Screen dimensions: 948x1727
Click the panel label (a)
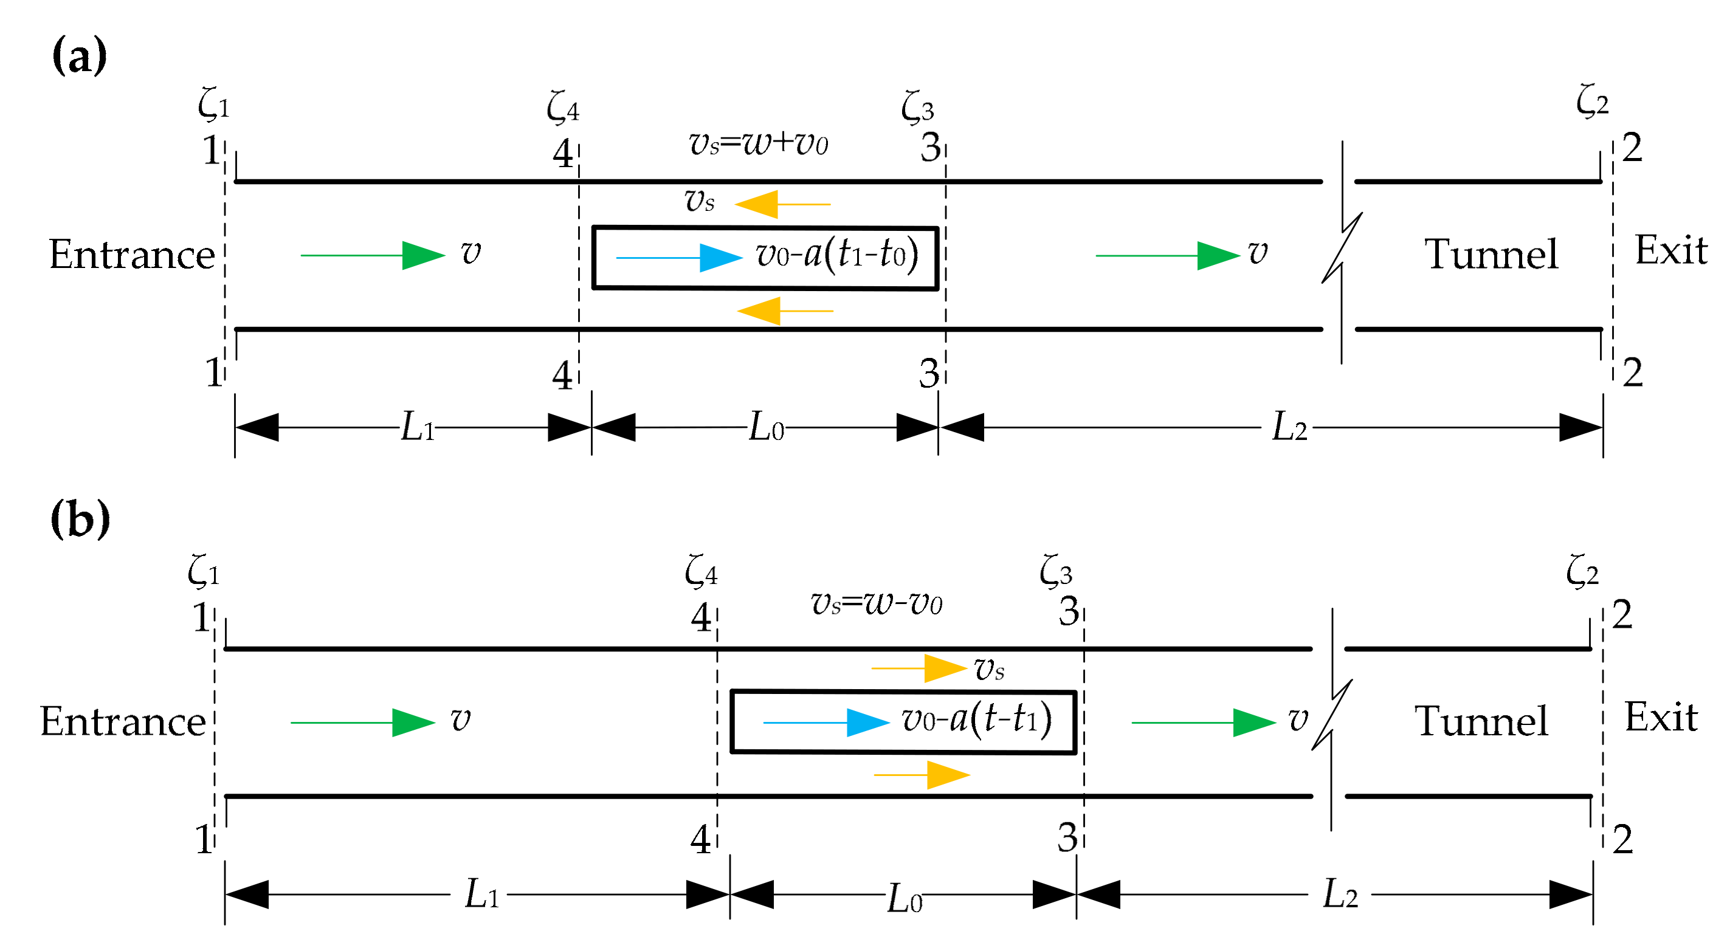coord(79,56)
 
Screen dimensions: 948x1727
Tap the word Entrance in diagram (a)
coord(132,255)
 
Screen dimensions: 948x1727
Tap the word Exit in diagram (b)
coord(1660,717)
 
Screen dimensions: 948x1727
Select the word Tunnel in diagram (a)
coord(1491,255)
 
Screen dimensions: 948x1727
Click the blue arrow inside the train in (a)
coord(678,258)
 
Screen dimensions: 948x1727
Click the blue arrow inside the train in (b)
coord(826,723)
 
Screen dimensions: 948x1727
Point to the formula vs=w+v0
coord(758,143)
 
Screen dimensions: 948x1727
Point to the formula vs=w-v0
coord(876,603)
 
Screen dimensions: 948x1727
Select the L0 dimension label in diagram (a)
coord(765,427)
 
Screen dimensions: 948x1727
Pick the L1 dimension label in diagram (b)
coord(481,895)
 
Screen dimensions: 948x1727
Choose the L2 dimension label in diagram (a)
coord(1289,427)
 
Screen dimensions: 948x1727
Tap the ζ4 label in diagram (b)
coord(701,572)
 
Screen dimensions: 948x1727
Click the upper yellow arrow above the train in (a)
coord(782,204)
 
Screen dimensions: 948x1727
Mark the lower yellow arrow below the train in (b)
coord(922,775)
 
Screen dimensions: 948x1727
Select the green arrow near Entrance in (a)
coord(372,255)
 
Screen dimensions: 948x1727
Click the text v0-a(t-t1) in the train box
coord(976,720)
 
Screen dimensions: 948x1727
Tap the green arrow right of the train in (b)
coord(1203,723)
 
